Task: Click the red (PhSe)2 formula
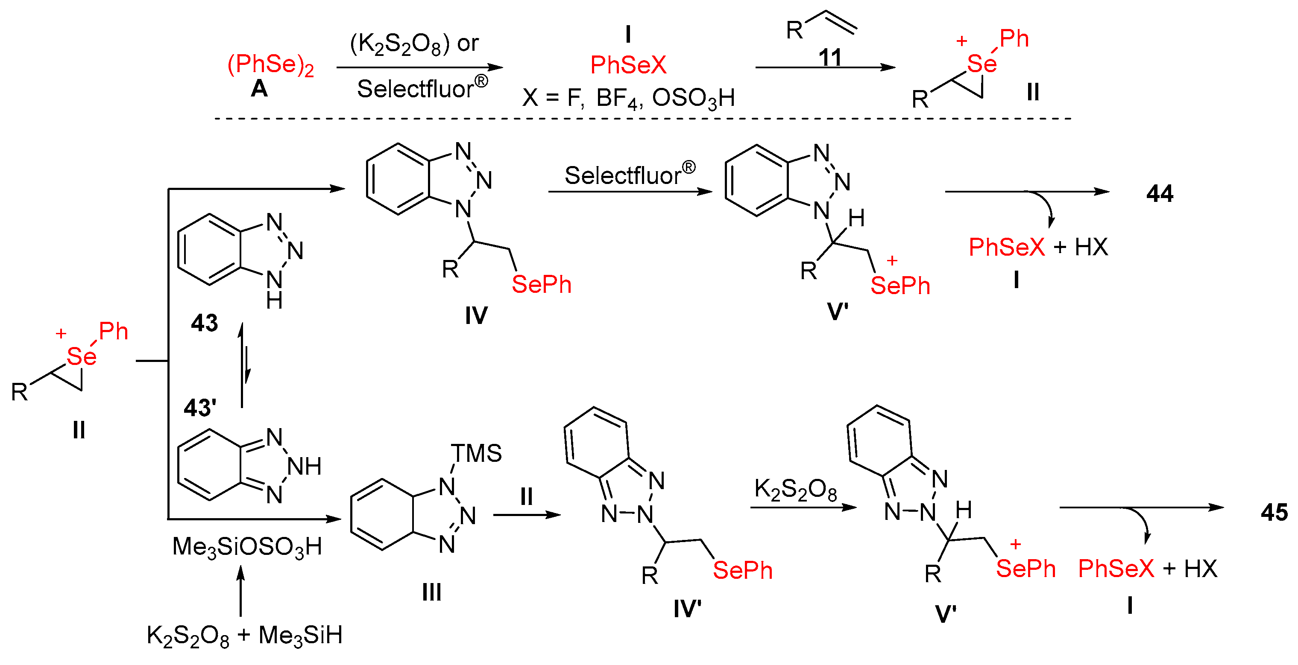271,65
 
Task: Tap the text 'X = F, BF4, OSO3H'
628,98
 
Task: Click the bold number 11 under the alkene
830,58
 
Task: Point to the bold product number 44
1160,193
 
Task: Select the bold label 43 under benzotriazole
204,323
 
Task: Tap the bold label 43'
199,408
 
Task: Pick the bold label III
432,592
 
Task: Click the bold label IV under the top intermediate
476,315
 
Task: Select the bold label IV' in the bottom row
687,609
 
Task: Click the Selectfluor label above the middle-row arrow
629,175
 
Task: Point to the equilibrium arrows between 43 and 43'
244,365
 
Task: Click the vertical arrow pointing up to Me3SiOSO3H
241,591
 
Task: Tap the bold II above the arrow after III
527,497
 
